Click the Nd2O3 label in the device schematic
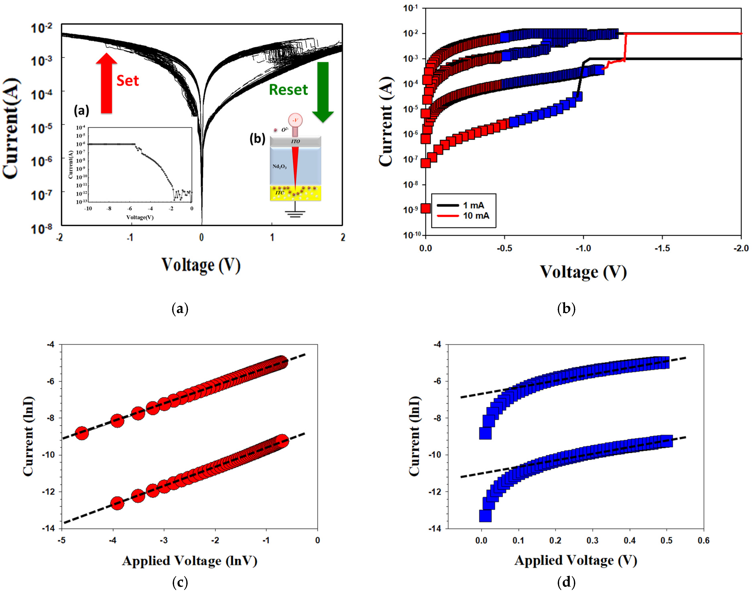279,167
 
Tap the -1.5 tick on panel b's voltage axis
662,248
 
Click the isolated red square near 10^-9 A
425,208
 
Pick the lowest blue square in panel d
485,516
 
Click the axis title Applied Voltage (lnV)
190,561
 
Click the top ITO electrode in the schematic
295,141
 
